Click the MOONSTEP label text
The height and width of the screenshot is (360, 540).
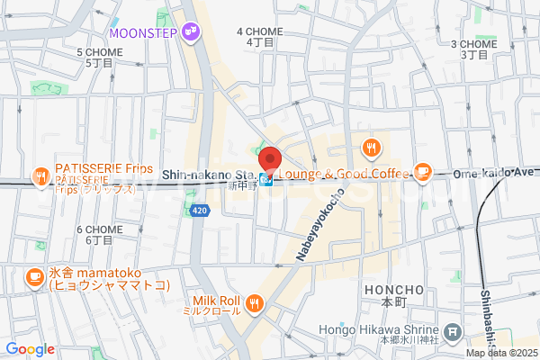143,33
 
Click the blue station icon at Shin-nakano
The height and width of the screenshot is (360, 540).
266,180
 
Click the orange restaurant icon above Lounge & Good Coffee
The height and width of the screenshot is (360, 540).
369,148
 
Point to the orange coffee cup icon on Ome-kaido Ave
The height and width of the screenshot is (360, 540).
423,171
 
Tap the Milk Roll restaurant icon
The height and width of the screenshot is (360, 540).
256,303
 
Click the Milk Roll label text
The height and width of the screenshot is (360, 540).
215,304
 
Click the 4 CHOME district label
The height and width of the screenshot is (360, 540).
259,36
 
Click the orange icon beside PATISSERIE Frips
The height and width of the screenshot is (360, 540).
40,177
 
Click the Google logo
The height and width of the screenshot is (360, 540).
30,348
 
